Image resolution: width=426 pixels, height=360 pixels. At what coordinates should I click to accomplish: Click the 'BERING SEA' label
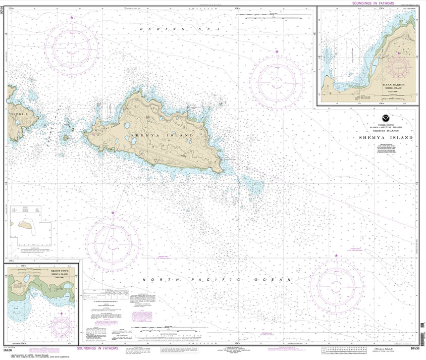(180, 30)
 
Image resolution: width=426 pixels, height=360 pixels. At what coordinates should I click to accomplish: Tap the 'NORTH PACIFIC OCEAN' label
(217, 280)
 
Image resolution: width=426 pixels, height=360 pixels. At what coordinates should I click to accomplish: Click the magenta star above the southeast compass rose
(336, 256)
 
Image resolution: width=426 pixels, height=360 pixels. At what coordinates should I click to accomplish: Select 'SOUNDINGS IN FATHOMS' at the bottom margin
(99, 349)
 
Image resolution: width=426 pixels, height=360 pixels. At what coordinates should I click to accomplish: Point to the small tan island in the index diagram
(24, 223)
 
